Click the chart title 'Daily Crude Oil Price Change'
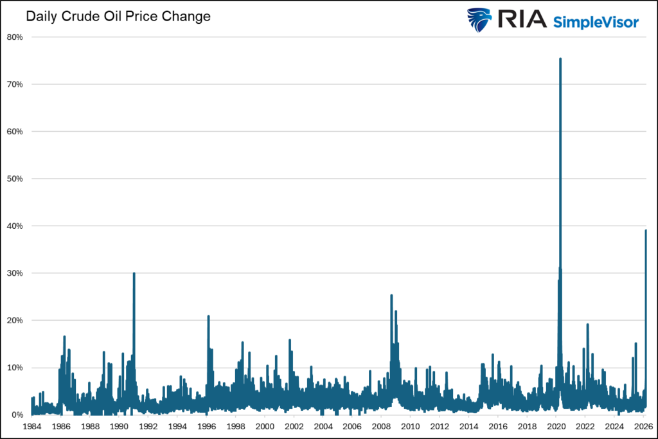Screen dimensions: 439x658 point(118,17)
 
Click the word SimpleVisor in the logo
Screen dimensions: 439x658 point(596,22)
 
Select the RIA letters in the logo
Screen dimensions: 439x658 point(521,21)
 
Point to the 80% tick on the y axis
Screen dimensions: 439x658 point(15,37)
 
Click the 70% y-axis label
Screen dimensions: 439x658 point(15,84)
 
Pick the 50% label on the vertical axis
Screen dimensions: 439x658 point(15,179)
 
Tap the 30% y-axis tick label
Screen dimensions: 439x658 point(15,273)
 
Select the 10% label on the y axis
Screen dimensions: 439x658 point(15,368)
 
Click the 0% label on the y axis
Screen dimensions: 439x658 point(17,415)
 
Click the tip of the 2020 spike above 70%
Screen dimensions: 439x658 point(560,59)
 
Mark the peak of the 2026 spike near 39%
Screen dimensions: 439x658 point(646,231)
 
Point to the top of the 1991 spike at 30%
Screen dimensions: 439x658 point(134,273)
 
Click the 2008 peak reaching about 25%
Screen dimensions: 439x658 point(391,296)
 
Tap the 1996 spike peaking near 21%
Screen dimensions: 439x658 point(208,316)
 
